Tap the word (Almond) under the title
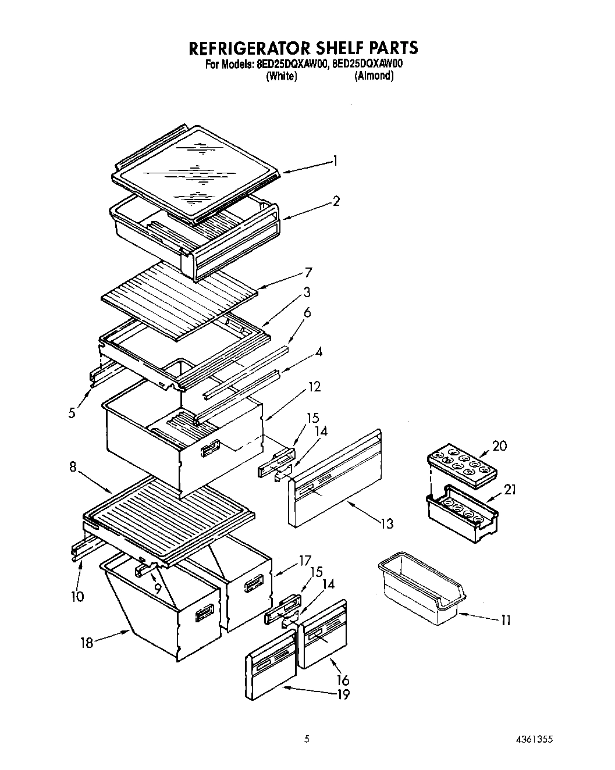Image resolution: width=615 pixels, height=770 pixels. [374, 76]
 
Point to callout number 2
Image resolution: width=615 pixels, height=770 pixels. [336, 201]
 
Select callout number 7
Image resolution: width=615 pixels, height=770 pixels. [308, 273]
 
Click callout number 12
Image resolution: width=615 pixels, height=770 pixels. [314, 387]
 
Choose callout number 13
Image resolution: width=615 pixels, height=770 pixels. [387, 524]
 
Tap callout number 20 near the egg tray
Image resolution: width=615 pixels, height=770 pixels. [499, 446]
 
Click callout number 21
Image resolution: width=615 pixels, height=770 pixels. [509, 490]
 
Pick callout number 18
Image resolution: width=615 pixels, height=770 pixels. [87, 643]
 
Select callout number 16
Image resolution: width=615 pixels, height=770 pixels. [343, 680]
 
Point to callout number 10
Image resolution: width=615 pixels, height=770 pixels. [77, 596]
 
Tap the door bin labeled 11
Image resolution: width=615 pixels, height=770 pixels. [422, 584]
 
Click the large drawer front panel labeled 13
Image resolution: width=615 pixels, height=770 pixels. [335, 477]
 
